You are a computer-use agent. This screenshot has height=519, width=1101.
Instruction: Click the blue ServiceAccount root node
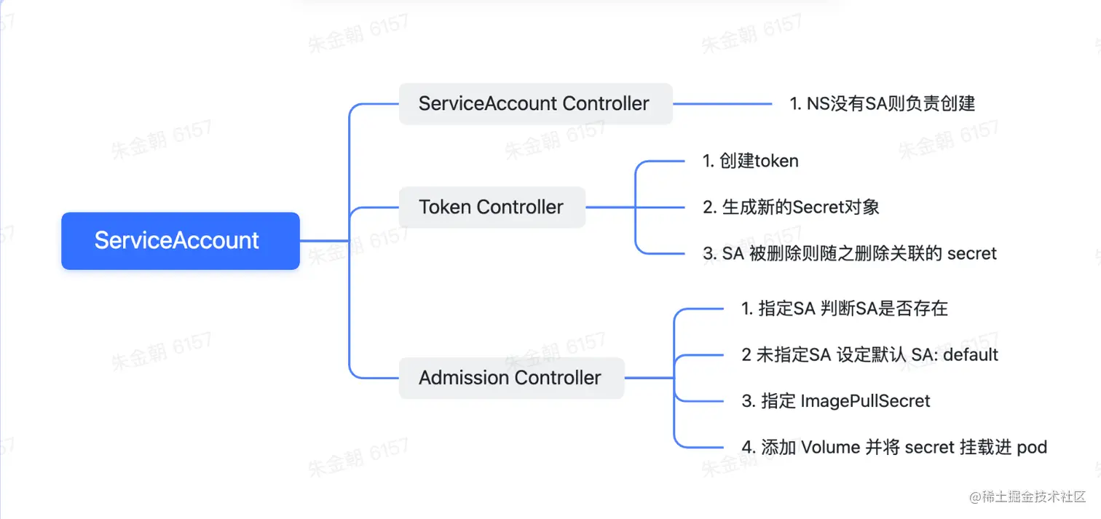click(x=180, y=241)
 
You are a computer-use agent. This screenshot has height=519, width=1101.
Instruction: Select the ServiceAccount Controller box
click(x=535, y=103)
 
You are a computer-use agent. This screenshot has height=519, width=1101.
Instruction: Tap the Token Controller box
click(x=492, y=207)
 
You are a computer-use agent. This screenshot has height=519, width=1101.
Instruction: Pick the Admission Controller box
click(x=510, y=378)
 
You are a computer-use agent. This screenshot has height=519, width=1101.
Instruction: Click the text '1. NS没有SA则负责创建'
click(x=882, y=103)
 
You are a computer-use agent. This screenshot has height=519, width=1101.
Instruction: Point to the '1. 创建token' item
click(x=750, y=161)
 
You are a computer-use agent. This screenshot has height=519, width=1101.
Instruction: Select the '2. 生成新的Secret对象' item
click(x=791, y=207)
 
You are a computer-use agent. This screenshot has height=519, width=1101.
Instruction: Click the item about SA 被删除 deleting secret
click(x=849, y=253)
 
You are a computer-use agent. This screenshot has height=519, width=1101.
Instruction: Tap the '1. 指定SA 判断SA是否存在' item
click(x=845, y=309)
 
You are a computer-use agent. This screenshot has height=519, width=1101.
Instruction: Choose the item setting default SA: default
click(x=869, y=354)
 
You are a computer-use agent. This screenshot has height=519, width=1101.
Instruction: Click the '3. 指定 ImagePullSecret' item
click(x=836, y=401)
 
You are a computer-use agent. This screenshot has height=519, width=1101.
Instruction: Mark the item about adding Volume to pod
click(x=894, y=447)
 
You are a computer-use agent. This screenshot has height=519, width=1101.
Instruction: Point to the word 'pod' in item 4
click(x=1032, y=447)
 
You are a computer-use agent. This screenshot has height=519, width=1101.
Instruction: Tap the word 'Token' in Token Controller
click(x=446, y=207)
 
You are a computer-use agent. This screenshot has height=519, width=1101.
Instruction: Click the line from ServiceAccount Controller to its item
click(x=721, y=103)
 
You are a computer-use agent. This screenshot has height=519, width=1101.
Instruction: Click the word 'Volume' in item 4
click(x=831, y=447)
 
